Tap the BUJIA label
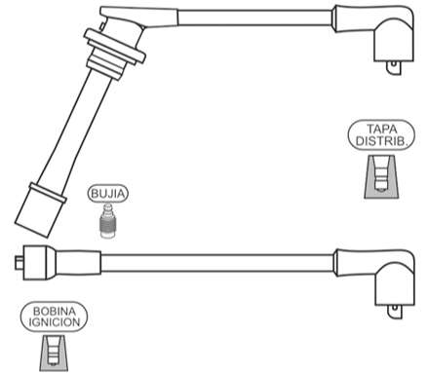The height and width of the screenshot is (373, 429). tap(108, 193)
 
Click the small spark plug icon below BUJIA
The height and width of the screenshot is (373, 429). tap(108, 223)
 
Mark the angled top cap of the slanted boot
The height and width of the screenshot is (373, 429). tap(122, 19)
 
